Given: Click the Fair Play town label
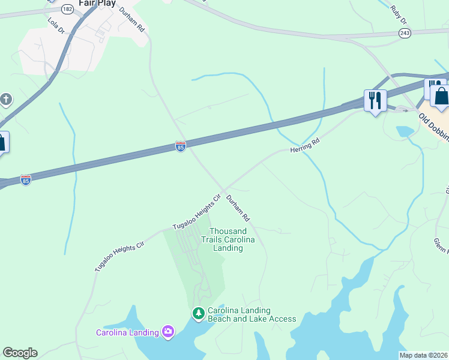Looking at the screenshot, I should pyautogui.click(x=97, y=3).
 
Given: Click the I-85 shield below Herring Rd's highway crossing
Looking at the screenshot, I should pyautogui.click(x=181, y=146).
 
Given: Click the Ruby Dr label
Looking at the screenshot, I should pyautogui.click(x=397, y=14).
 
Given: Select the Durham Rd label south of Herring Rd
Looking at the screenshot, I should pyautogui.click(x=238, y=207).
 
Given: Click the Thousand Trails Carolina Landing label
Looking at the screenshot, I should pyautogui.click(x=228, y=239).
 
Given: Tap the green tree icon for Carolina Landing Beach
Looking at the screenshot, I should pyautogui.click(x=198, y=313).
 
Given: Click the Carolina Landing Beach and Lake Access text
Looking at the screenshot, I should pyautogui.click(x=252, y=314).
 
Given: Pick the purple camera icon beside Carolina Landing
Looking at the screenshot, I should pyautogui.click(x=167, y=332).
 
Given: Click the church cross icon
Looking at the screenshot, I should pyautogui.click(x=5, y=99).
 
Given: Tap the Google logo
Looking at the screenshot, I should pyautogui.click(x=20, y=353).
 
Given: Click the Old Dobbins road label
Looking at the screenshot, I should pyautogui.click(x=433, y=125).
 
